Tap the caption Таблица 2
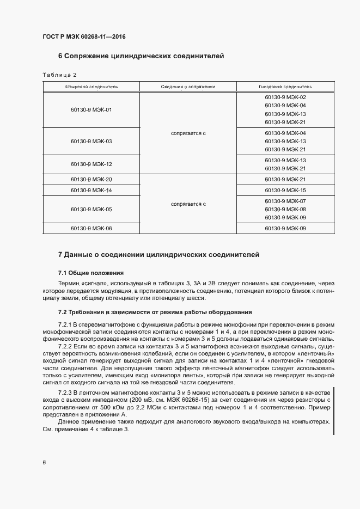click(59, 75)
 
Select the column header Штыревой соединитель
click(91, 87)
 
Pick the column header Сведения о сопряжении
click(188, 87)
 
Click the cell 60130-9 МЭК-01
click(91, 109)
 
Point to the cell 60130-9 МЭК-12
click(91, 164)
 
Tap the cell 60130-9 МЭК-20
click(91, 179)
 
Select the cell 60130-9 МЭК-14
click(91, 190)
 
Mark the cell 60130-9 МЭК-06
click(91, 229)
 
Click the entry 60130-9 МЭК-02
click(285, 97)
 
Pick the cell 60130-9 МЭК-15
click(285, 190)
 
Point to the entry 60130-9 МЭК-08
click(285, 209)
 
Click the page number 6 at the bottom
click(44, 463)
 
